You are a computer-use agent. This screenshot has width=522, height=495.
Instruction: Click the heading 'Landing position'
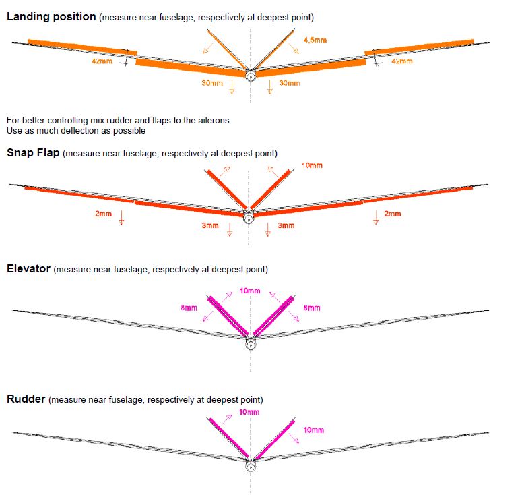point(51,17)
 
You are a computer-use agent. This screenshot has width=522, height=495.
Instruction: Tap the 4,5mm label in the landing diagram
point(315,40)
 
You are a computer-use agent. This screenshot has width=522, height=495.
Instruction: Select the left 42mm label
point(102,61)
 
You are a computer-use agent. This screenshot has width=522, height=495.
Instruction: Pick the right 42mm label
point(402,61)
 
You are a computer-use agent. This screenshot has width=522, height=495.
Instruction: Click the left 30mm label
point(212,83)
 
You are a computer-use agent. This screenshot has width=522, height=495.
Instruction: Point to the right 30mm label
point(290,83)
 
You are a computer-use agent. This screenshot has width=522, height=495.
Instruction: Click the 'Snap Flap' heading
point(33,152)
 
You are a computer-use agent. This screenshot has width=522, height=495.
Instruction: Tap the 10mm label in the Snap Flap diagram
point(312,165)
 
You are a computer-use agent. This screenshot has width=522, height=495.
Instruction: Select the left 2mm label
point(103,214)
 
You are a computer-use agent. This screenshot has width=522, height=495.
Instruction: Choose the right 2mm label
point(393,214)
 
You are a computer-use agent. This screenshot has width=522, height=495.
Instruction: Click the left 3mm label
point(210,225)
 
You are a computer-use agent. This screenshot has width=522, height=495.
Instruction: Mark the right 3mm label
point(286,225)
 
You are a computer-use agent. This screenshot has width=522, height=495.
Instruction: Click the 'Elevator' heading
point(29,268)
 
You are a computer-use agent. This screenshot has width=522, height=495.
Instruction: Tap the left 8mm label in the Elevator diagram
point(189,308)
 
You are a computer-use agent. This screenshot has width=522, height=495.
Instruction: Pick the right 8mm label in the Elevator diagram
point(312,308)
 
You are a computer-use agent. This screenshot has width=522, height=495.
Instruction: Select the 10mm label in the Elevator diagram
point(250,291)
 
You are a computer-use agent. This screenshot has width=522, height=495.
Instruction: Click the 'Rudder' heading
point(26,399)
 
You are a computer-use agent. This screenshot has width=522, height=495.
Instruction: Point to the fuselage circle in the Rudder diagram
point(251,466)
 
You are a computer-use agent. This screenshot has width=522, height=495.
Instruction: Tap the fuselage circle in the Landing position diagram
point(251,76)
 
